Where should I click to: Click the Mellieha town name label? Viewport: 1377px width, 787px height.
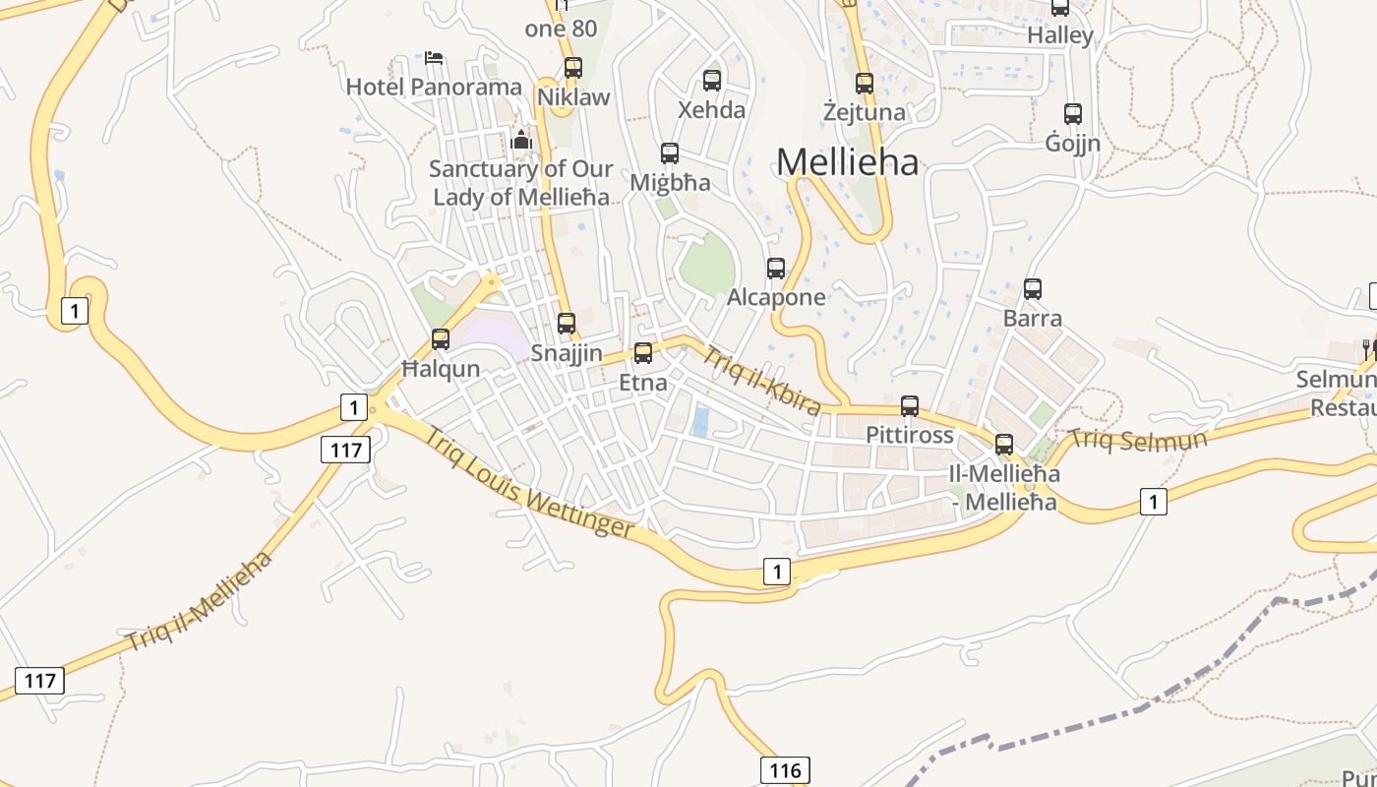[x=847, y=162]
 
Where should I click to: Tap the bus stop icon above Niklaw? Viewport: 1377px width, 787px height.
[x=573, y=68]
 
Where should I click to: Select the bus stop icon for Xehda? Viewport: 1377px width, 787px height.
[x=712, y=81]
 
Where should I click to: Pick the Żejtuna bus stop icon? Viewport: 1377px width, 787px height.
[x=865, y=84]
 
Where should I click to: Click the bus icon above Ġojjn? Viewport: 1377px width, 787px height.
[x=1073, y=114]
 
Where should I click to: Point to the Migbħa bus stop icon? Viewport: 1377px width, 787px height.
[x=670, y=153]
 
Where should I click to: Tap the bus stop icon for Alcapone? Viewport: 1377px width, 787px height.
[x=776, y=268]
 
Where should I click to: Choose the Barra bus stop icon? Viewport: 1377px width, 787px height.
[x=1033, y=289]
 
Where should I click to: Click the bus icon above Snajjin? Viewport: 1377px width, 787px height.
[x=567, y=323]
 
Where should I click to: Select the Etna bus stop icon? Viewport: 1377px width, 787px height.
[x=643, y=352]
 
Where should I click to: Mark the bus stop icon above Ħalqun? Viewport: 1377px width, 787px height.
[x=441, y=339]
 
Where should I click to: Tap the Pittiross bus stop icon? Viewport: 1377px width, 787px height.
[x=910, y=405]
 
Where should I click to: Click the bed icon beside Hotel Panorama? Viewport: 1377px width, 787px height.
[x=434, y=58]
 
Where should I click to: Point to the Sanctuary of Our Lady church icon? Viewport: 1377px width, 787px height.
[x=521, y=141]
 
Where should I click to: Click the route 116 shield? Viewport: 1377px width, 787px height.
[x=784, y=769]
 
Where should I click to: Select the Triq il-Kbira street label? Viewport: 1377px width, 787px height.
[x=761, y=382]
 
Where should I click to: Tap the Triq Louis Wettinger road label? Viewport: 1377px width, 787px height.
[x=529, y=482]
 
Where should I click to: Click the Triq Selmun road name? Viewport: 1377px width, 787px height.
[x=1138, y=439]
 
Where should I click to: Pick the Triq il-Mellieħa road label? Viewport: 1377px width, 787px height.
[x=200, y=602]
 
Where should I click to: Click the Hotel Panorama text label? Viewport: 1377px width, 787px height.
[x=434, y=87]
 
